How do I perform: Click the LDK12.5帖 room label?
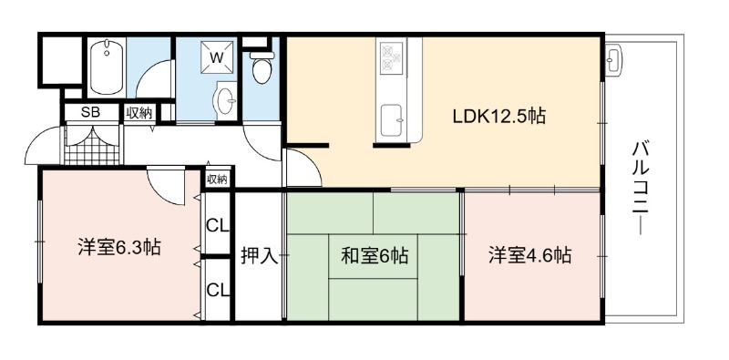coord(498,117)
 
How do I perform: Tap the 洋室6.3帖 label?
coord(119,247)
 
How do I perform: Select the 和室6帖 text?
coord(375,256)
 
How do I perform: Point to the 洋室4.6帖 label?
coord(530,255)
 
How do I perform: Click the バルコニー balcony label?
coord(641,189)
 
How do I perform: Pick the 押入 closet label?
coord(260,256)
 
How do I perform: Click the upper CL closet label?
coord(218,227)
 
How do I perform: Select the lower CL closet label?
coord(218,290)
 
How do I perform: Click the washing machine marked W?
coord(217,57)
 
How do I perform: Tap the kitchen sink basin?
coord(391,121)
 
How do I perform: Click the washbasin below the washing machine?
coord(224,100)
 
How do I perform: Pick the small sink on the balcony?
coord(613,60)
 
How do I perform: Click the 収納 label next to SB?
coord(139,113)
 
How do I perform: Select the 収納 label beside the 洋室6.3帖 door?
coord(217,179)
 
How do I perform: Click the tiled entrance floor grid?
coord(92,145)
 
